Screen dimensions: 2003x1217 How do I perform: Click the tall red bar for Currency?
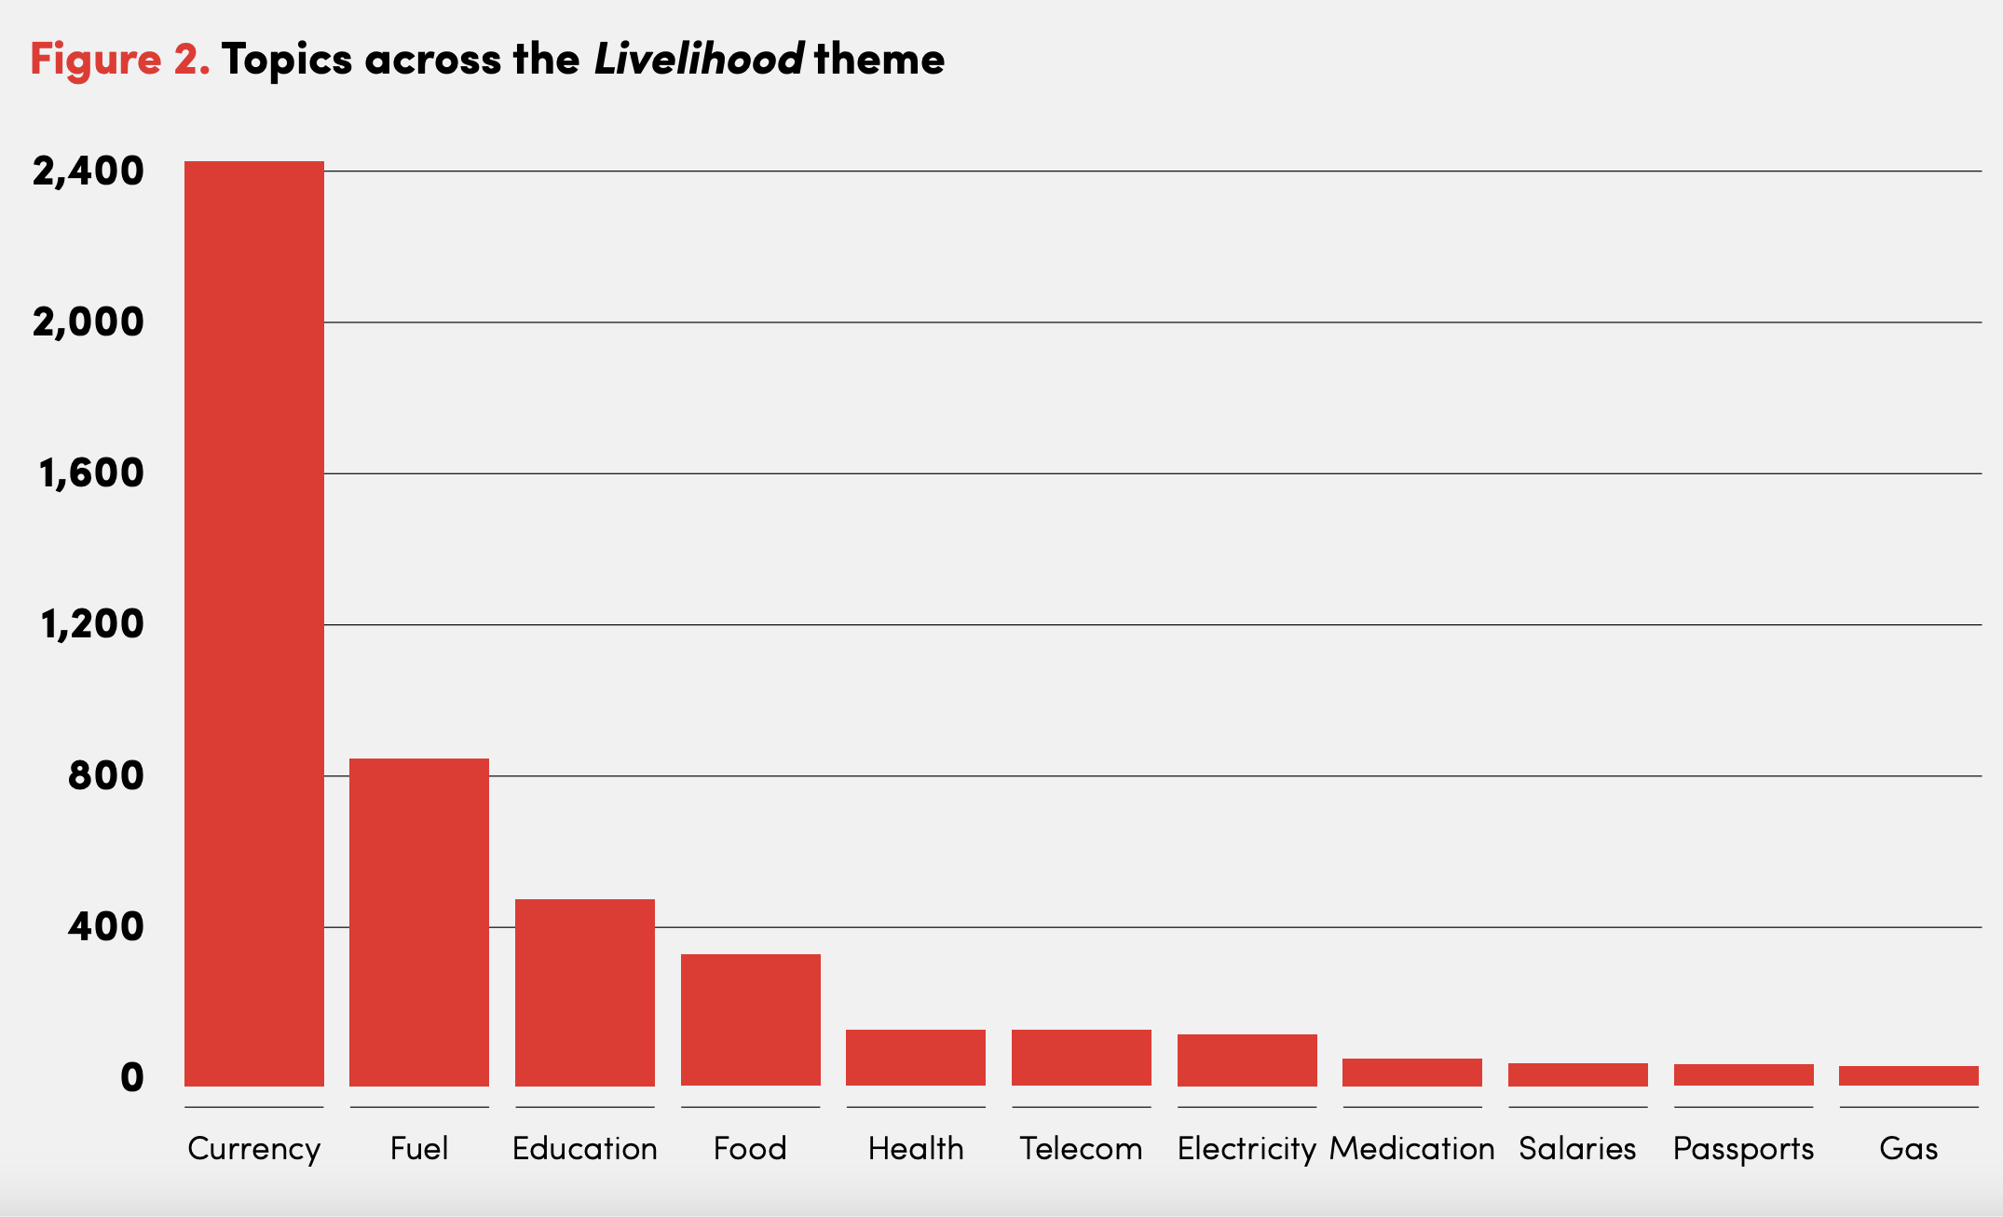254,623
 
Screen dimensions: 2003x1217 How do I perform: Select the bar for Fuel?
419,923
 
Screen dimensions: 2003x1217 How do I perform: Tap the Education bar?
585,992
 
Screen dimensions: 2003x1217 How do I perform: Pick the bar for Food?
751,1020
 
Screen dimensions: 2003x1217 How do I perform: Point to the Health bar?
916,1058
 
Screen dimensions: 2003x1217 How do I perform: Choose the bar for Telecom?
1082,1058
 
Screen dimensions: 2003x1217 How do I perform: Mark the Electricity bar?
1247,1060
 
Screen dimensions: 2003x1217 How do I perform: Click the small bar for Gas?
1909,1076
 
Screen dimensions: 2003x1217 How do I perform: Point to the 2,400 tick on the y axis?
89,171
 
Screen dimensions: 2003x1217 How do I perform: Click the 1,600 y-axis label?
91,473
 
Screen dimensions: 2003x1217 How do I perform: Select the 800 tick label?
106,775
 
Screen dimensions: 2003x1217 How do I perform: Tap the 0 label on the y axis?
132,1078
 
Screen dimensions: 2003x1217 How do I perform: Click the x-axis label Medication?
1412,1149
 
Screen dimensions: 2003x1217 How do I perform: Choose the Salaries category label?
1577,1149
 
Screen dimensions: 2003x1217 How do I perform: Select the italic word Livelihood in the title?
699,59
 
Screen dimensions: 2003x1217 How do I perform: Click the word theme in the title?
879,59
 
